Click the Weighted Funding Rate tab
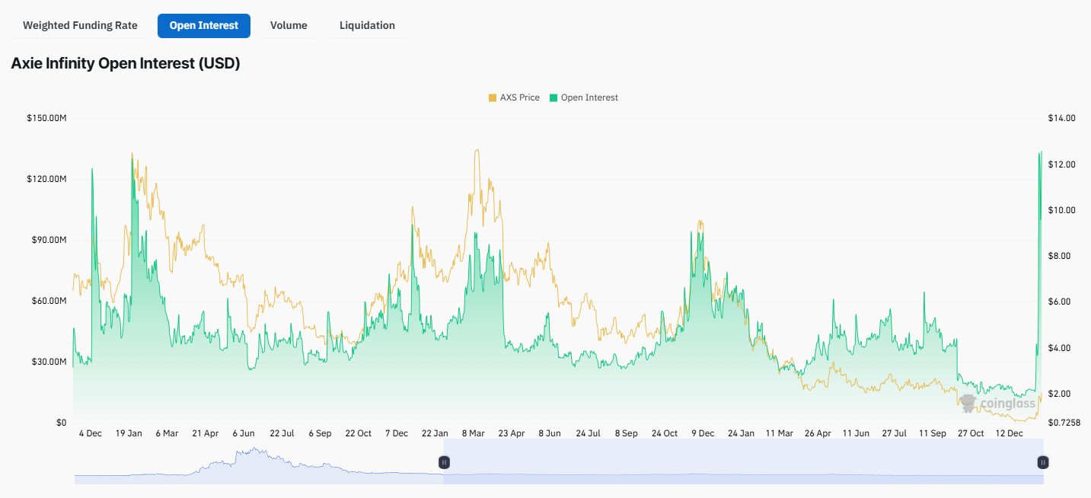click(80, 25)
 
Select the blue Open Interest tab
click(203, 25)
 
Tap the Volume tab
click(289, 25)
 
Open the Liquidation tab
click(367, 25)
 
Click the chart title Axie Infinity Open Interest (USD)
click(126, 64)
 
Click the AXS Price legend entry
click(514, 97)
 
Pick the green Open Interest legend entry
click(584, 97)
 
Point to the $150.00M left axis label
click(47, 119)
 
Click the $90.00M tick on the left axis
click(47, 241)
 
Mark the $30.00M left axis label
click(47, 362)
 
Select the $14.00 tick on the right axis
click(1061, 119)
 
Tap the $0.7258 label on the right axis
click(1064, 423)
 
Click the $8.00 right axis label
click(1061, 256)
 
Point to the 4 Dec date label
click(90, 433)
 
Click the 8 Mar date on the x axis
click(473, 433)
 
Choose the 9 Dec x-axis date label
click(703, 433)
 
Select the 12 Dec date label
click(1010, 433)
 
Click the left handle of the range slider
click(444, 462)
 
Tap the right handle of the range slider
click(1043, 462)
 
